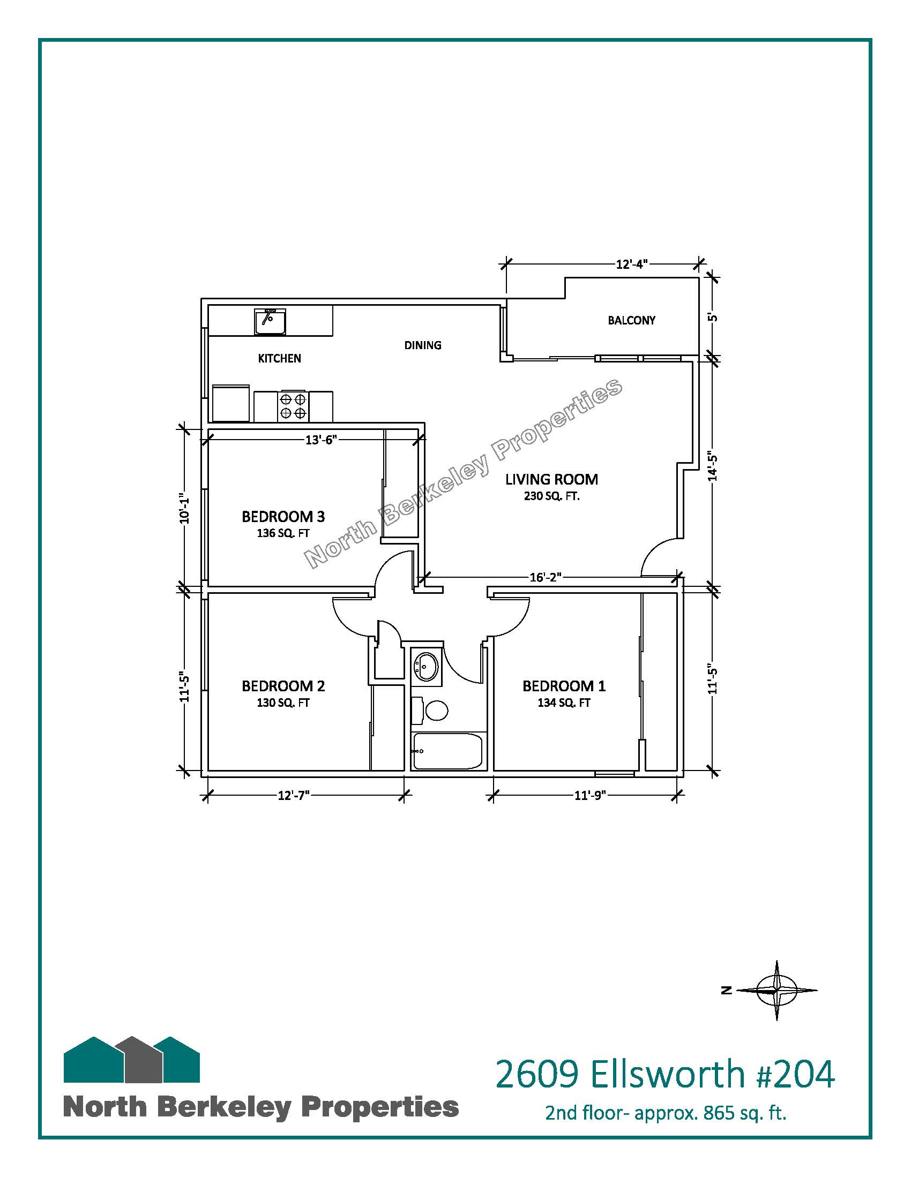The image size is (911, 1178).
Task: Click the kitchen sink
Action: coord(270,322)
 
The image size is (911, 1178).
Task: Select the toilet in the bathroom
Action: coord(430,710)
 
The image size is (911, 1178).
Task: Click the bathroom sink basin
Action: coord(426,667)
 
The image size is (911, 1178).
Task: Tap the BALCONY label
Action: coord(631,320)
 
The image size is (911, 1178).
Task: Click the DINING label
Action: coord(423,345)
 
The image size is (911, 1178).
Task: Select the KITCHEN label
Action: coord(280,358)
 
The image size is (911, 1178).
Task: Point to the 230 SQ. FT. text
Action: coord(551,496)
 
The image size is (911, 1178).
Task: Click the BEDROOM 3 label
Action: coord(283,517)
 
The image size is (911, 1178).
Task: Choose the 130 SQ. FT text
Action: coord(283,703)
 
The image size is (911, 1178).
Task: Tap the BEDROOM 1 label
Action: coord(564,686)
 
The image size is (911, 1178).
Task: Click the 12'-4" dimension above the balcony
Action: coord(631,265)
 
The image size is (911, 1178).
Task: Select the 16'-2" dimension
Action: coord(546,578)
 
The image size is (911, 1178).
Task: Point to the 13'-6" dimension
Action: coord(321,440)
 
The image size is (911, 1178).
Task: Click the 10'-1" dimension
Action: coord(184,508)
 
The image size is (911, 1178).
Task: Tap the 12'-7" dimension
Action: coord(294,796)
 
